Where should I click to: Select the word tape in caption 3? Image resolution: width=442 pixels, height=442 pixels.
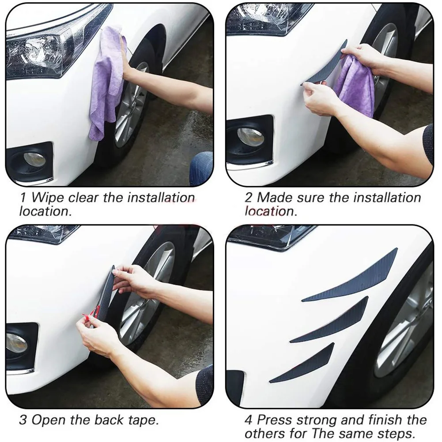click(142, 420)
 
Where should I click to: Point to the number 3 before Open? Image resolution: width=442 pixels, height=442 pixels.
click(23, 420)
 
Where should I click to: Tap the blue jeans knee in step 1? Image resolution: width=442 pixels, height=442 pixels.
click(201, 168)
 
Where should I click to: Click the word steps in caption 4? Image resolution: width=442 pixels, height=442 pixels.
click(397, 434)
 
